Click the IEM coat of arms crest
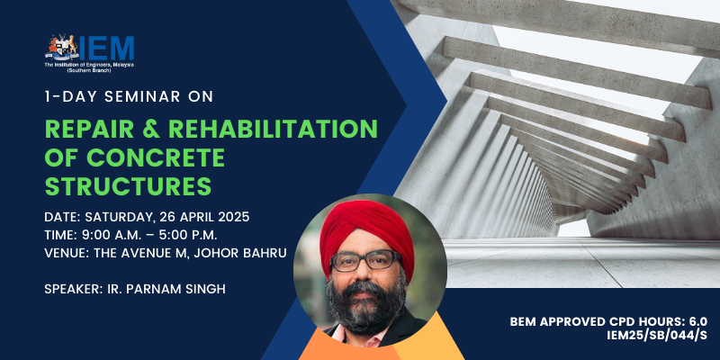[x=61, y=48]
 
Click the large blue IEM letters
[x=106, y=49]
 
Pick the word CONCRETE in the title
[x=156, y=157]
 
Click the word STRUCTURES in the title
[x=128, y=187]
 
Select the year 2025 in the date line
[x=234, y=217]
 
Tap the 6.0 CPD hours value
[x=698, y=321]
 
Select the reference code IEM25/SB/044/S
[x=657, y=336]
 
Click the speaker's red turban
[x=367, y=232]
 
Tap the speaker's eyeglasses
[x=365, y=260]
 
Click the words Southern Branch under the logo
[x=88, y=71]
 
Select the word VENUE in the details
[x=62, y=253]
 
